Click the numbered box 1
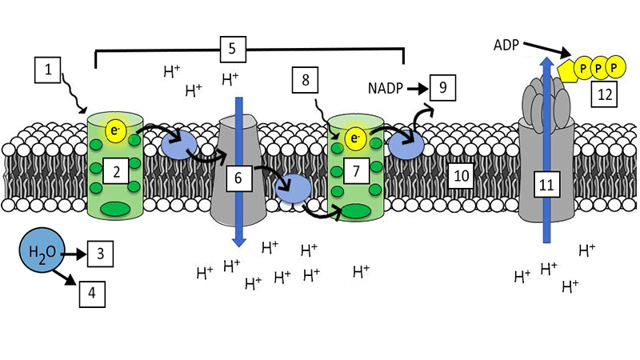pyautogui.click(x=48, y=72)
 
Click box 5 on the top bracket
pyautogui.click(x=231, y=49)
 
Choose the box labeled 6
pyautogui.click(x=238, y=179)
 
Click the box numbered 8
pyautogui.click(x=306, y=80)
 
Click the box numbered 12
pyautogui.click(x=603, y=96)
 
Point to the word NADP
pyautogui.click(x=387, y=85)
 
